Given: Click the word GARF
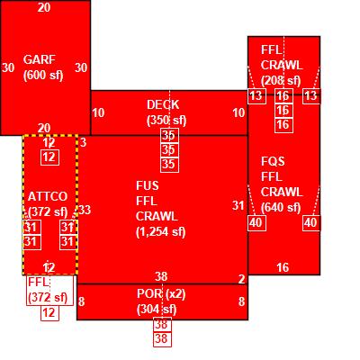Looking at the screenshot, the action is tap(40, 59).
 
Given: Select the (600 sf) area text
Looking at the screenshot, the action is tap(43, 75).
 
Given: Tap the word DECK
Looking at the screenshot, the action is tap(163, 104).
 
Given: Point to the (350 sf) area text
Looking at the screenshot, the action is tap(166, 120).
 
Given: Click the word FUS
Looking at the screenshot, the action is tap(147, 185).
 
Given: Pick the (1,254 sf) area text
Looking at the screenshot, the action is tap(161, 231).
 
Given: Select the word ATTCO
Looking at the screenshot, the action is tap(48, 196).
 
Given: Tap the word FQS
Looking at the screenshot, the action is tap(273, 161).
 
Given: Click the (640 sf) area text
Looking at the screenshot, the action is tap(281, 207).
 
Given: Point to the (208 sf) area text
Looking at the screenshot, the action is tap(281, 80).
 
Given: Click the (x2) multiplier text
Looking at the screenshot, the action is tap(175, 293).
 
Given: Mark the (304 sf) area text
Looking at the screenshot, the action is tap(157, 309).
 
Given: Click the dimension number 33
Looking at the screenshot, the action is tap(85, 210).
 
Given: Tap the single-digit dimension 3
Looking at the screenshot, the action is tap(83, 142).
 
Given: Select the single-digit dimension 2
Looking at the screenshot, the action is tap(241, 279).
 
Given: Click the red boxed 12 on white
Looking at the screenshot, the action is tap(49, 313).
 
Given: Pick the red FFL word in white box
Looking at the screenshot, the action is tap(38, 282).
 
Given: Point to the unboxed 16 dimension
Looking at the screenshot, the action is tap(283, 267).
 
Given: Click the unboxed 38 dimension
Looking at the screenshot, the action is tap(161, 276).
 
